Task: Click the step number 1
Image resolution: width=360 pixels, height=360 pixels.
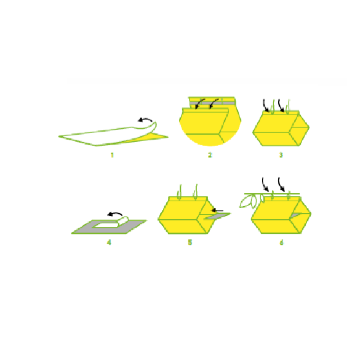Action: pyautogui.click(x=112, y=155)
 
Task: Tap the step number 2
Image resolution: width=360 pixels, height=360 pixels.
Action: pyautogui.click(x=210, y=155)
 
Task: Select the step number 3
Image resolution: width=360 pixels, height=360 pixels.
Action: pyautogui.click(x=281, y=155)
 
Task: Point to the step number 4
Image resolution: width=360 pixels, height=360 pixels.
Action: pyautogui.click(x=109, y=242)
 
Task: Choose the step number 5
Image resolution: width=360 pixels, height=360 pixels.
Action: pyautogui.click(x=190, y=242)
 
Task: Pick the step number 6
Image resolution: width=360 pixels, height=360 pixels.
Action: pyautogui.click(x=282, y=242)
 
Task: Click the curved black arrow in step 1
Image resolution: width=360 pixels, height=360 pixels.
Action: pyautogui.click(x=145, y=119)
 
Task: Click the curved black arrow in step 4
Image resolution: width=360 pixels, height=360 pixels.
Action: pyautogui.click(x=114, y=214)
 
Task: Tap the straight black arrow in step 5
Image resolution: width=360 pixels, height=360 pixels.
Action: pyautogui.click(x=217, y=210)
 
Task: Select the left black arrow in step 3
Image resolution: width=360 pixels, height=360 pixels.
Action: pyautogui.click(x=265, y=106)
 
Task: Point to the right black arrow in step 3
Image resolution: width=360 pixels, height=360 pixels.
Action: pyautogui.click(x=281, y=106)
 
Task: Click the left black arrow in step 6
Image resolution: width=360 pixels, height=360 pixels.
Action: pyautogui.click(x=265, y=185)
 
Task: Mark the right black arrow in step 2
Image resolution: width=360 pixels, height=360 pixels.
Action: pyautogui.click(x=214, y=103)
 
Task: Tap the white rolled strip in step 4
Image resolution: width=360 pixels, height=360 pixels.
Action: pyautogui.click(x=123, y=221)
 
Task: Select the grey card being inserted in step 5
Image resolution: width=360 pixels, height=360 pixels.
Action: pyautogui.click(x=217, y=216)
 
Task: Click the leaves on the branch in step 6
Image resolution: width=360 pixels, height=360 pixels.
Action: pyautogui.click(x=251, y=201)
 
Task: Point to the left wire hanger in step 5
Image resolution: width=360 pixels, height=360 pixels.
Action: pyautogui.click(x=179, y=192)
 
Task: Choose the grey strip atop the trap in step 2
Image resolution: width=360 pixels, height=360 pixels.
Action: pyautogui.click(x=212, y=103)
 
